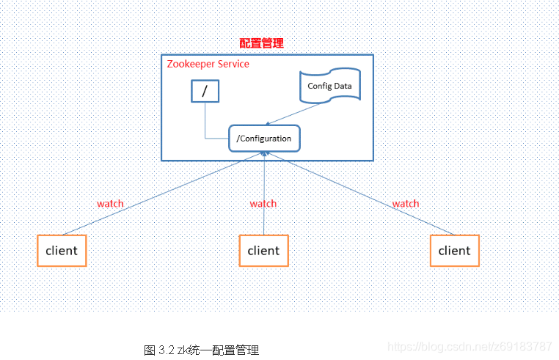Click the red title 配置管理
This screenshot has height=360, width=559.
pos(261,44)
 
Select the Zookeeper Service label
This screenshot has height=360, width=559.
pos(208,64)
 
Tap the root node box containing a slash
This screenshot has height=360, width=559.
pos(205,90)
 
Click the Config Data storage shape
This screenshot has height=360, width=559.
pos(329,86)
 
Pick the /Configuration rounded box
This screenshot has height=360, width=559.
pos(265,138)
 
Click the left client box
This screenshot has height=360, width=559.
pos(62,250)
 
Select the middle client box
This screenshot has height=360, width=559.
pos(263,250)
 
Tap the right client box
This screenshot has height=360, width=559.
pos(454,250)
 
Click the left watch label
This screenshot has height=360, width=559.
pos(110,203)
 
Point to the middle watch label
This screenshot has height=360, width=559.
pos(263,203)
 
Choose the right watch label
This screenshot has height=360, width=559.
pos(405,203)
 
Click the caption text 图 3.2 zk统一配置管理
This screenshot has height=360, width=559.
pos(201,350)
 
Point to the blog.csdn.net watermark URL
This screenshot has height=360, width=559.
pos(470,345)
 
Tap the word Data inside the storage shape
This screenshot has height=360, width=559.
pos(341,86)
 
